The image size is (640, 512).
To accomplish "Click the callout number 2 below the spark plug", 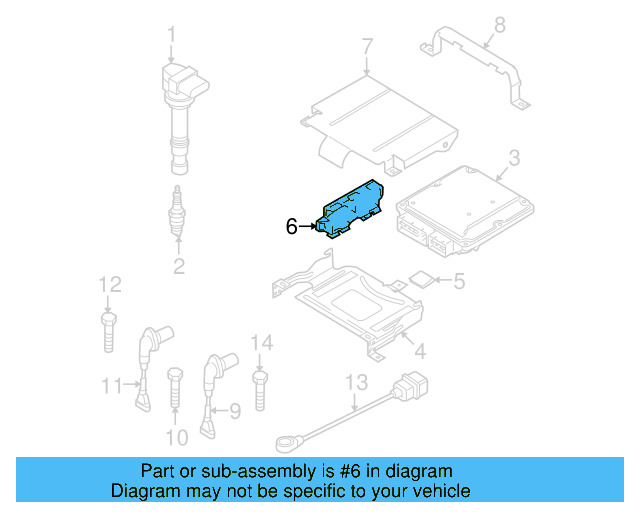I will point(178,266).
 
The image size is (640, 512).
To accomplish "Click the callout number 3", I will point(513,158).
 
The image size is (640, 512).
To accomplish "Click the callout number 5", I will point(458,282).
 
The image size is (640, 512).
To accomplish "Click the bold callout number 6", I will point(291,227).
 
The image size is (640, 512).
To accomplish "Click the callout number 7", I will point(366,46).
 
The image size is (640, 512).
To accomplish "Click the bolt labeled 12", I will point(108,328).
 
